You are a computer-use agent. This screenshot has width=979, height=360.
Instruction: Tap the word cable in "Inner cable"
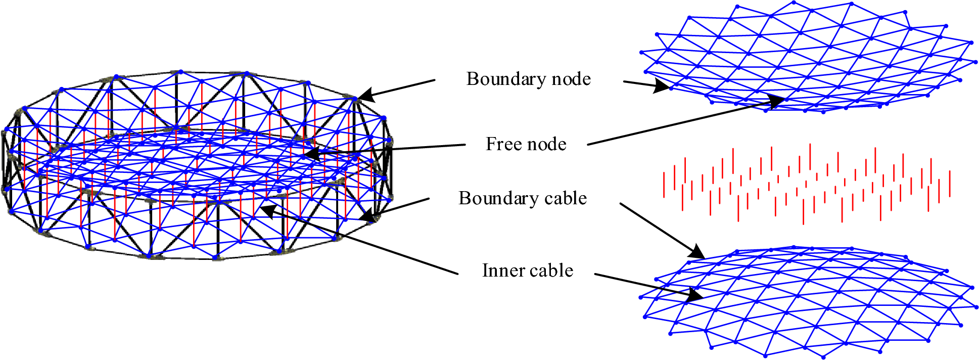551,271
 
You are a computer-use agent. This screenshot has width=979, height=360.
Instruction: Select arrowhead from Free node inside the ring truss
311,152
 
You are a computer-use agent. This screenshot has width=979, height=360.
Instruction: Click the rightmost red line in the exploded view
950,184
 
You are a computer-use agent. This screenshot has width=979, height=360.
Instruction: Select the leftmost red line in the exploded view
664,185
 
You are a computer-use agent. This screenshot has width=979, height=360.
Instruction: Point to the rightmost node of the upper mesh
975,62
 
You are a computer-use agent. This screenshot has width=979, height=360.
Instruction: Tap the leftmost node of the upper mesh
641,52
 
